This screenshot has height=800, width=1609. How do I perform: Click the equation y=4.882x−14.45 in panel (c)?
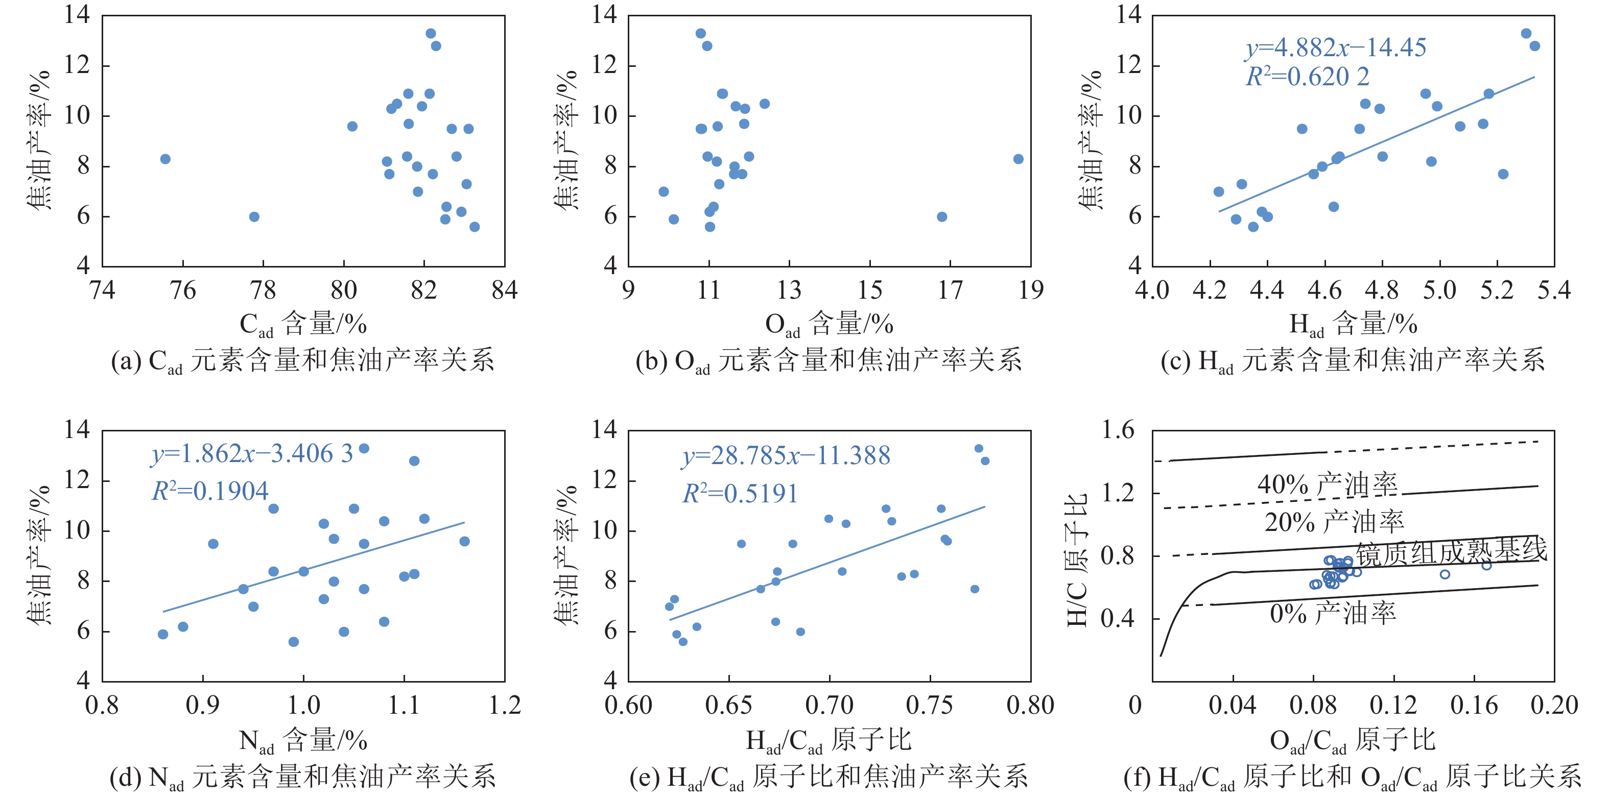(x=1335, y=47)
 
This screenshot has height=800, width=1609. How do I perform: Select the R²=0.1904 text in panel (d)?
(x=210, y=492)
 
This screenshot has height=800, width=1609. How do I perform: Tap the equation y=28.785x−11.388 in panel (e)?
(x=786, y=455)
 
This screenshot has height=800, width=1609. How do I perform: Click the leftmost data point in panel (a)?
(x=165, y=159)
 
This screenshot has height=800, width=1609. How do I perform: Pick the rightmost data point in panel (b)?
(x=1018, y=159)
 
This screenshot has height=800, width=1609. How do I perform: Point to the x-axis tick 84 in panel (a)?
(x=504, y=290)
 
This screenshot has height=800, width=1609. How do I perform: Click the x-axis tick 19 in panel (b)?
(x=1031, y=290)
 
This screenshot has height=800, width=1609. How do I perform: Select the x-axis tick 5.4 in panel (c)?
(x=1554, y=290)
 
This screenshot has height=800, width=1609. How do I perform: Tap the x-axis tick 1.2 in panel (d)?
(x=504, y=706)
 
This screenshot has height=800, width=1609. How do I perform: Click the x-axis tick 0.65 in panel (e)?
(x=728, y=706)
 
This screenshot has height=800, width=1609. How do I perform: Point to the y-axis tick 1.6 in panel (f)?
(x=1118, y=430)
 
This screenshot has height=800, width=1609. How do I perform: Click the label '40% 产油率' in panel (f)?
(x=1328, y=484)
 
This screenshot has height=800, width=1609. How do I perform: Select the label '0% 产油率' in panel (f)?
(x=1332, y=613)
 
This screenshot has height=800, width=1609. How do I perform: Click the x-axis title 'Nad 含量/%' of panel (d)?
(x=303, y=741)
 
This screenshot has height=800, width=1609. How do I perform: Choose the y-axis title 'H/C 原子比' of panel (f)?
(x=1077, y=560)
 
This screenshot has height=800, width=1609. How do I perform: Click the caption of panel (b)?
(x=828, y=361)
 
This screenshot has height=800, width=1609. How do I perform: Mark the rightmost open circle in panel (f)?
(x=1486, y=565)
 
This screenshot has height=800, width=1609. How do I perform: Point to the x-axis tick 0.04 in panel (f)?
(x=1233, y=706)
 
